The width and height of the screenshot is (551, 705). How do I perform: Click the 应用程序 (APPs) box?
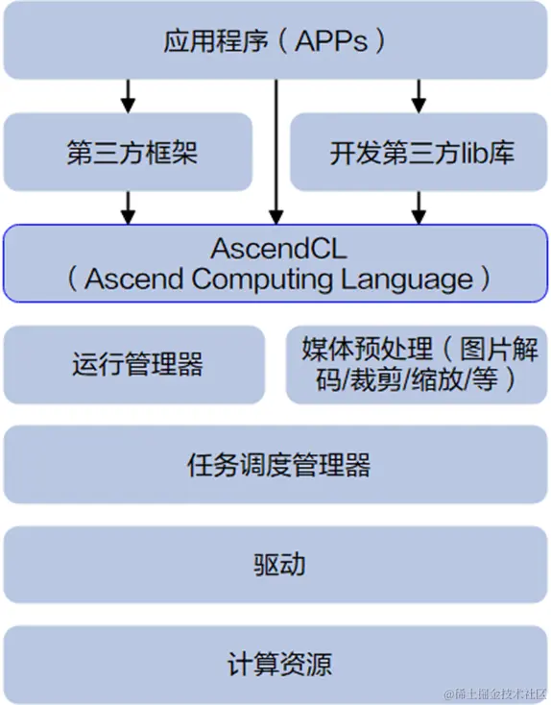(x=275, y=40)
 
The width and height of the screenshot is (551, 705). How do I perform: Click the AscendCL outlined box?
(x=275, y=262)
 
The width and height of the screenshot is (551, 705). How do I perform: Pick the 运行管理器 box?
(x=135, y=364)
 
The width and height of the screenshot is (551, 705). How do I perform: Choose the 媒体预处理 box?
(x=417, y=364)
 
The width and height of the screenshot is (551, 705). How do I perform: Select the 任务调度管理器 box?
(x=275, y=466)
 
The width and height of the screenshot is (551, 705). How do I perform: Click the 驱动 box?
(x=275, y=564)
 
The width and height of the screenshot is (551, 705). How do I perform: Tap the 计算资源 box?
(x=275, y=663)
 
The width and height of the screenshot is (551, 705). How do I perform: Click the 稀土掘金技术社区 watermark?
(x=493, y=693)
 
